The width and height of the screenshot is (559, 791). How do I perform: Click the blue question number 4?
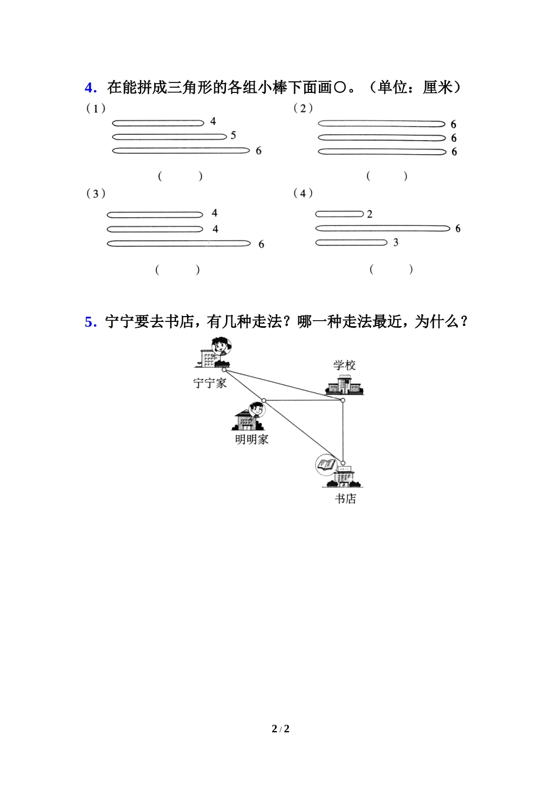pos(90,88)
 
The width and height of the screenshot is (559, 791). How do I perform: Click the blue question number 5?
pos(90,323)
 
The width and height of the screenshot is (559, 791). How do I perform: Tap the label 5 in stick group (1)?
pos(233,135)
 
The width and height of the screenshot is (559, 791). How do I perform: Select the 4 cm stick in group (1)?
pos(158,123)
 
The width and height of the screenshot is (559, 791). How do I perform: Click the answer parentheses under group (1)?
pos(180,176)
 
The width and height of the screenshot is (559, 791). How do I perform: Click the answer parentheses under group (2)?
pos(387,176)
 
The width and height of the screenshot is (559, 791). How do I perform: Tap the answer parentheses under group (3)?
pos(178,270)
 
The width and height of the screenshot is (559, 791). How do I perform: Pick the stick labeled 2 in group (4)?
pos(340,214)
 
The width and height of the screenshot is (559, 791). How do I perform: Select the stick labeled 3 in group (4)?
pos(351,242)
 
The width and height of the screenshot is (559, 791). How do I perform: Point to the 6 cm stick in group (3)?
pos(178,244)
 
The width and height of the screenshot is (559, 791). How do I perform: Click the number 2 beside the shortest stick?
pos(370,214)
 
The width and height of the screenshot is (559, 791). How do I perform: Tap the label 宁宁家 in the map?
pos(210,383)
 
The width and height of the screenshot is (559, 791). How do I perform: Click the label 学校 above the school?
pos(344,365)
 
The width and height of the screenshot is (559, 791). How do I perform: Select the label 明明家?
pos(252,440)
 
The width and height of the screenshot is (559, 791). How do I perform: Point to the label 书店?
pos(345,499)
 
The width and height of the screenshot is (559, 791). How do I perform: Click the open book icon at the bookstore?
pos(325,465)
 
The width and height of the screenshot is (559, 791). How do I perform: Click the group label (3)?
pos(96,194)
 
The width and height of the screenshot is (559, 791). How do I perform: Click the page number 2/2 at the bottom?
pos(281,729)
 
